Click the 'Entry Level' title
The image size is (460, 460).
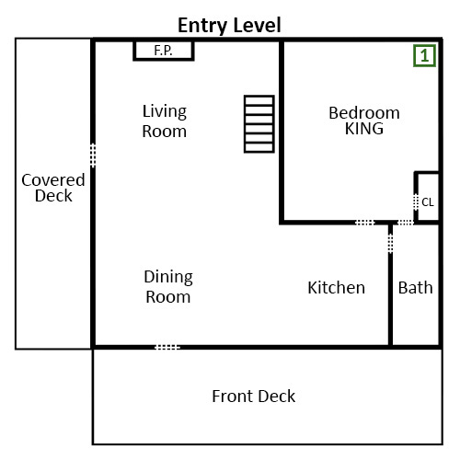[x=229, y=25]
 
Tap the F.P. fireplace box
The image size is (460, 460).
[x=164, y=50]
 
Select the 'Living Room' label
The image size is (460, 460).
[x=164, y=121]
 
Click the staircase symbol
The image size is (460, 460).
[x=259, y=123]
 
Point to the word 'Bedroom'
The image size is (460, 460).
[x=364, y=113]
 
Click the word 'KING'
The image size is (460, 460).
[x=364, y=130]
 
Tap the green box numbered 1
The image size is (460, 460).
[x=423, y=56]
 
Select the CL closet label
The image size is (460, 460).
[x=427, y=202]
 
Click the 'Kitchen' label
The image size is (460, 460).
[x=336, y=288]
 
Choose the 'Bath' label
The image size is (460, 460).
[x=415, y=288]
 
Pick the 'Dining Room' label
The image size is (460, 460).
[x=167, y=286]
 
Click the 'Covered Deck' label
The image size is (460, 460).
[x=53, y=188]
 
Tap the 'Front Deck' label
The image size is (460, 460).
[x=254, y=397]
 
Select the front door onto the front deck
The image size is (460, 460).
[x=167, y=347]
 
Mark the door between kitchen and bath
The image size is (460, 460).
[x=391, y=241]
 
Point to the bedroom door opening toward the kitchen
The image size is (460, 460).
[x=365, y=222]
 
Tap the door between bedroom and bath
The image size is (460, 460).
[x=405, y=222]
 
